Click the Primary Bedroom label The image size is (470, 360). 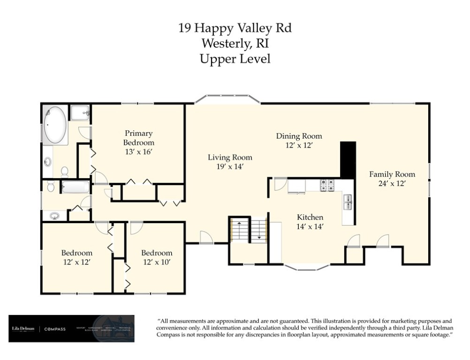[138, 138]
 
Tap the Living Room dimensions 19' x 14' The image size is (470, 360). [230, 166]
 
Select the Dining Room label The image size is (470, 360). [299, 136]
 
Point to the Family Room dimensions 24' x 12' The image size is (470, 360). [392, 183]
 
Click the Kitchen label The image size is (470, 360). [310, 217]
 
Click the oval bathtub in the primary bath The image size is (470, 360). [55, 124]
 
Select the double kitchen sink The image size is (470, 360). [348, 202]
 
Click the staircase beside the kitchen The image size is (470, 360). [248, 229]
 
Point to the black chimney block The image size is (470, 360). [348, 159]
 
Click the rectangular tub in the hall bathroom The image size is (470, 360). [75, 187]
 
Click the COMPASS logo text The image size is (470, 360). [55, 329]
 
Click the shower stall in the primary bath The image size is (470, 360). [80, 112]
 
